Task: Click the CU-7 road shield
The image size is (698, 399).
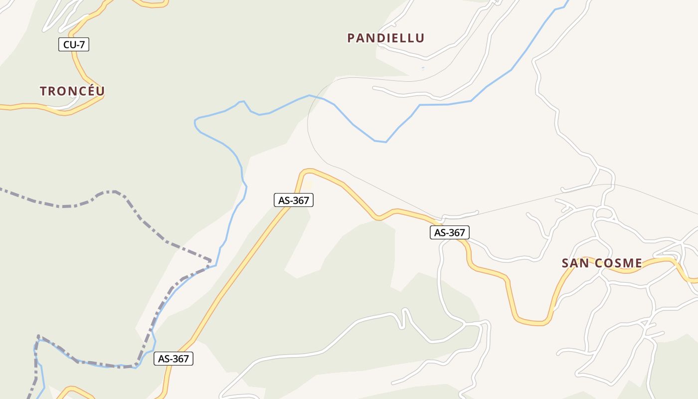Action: (73, 44)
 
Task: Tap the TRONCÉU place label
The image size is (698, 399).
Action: (72, 91)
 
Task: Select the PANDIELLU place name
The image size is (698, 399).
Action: (386, 38)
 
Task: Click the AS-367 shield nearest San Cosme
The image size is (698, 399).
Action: (449, 232)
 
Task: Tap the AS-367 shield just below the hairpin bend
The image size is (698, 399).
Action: (294, 200)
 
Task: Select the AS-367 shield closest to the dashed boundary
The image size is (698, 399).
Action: (173, 359)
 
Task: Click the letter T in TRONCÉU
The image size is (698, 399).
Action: (43, 91)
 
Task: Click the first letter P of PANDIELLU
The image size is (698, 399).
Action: (350, 38)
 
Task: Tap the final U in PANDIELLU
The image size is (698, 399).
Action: (420, 38)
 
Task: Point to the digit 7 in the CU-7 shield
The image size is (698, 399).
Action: (82, 44)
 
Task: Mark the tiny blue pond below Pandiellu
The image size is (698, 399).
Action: (423, 68)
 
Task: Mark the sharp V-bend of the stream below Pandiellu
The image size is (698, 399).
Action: (385, 142)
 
